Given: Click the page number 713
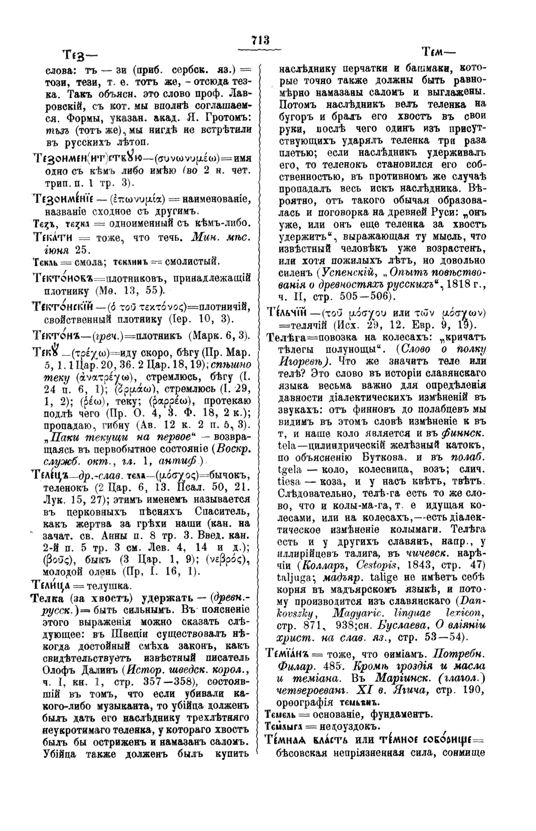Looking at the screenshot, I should coord(260,40).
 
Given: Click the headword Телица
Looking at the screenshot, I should coord(51,582).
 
